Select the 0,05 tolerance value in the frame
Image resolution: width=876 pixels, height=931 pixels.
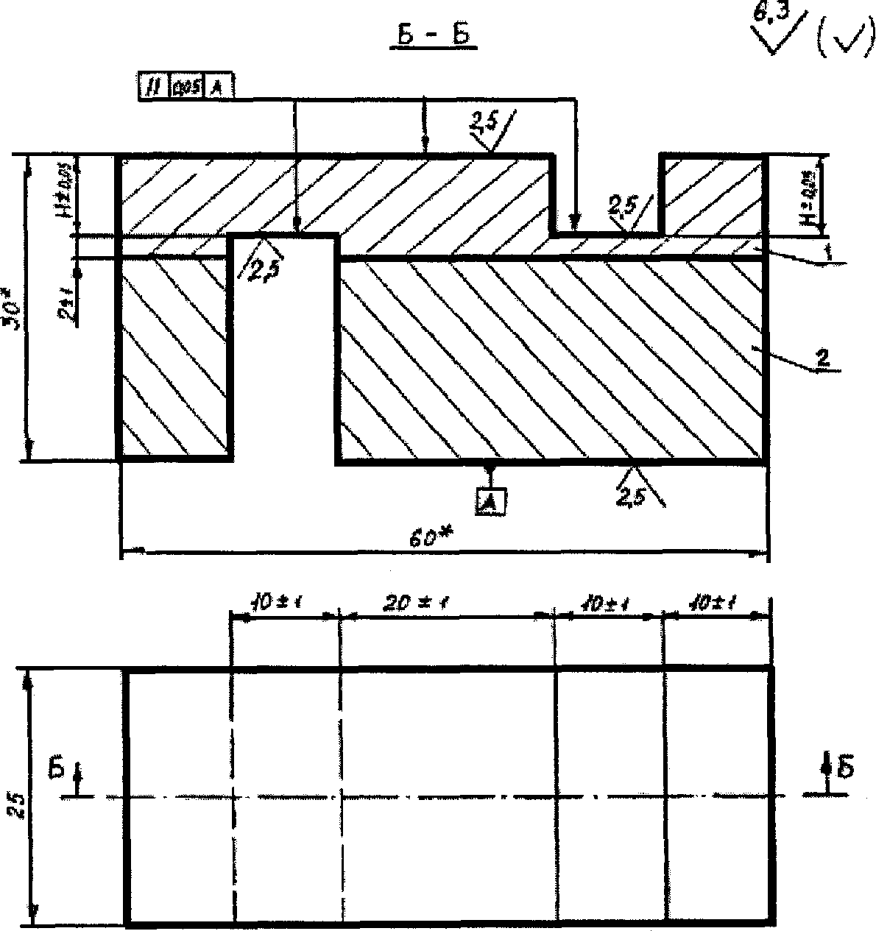click(x=186, y=88)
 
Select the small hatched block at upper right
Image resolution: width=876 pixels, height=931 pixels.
click(x=713, y=194)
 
